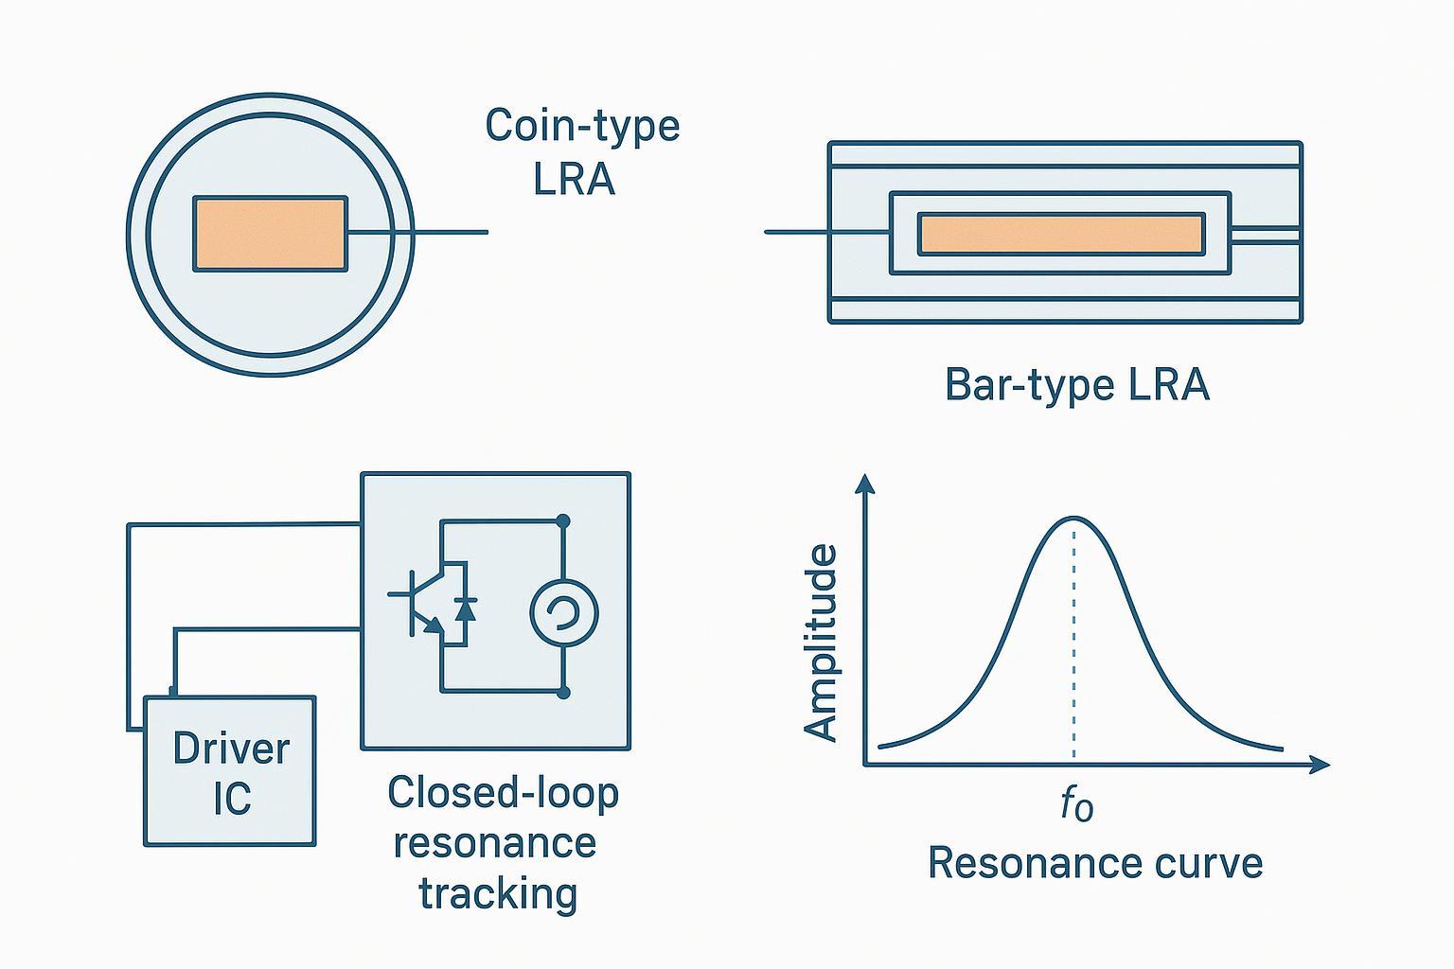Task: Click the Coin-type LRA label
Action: (x=581, y=151)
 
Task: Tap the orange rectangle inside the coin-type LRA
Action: (x=270, y=234)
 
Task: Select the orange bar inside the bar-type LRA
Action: (x=1060, y=234)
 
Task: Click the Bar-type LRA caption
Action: (x=1077, y=385)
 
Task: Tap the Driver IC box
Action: (x=230, y=771)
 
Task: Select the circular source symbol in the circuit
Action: (x=563, y=612)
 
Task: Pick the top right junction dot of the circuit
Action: (x=563, y=520)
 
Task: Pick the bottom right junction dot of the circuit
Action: (x=563, y=693)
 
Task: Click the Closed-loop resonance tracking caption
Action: (x=502, y=842)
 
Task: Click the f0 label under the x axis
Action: (x=1076, y=804)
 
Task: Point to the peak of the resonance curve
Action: (x=1073, y=519)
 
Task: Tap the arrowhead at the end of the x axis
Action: (x=1321, y=764)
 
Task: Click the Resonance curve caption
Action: (x=1094, y=863)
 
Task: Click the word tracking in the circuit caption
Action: (x=498, y=892)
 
